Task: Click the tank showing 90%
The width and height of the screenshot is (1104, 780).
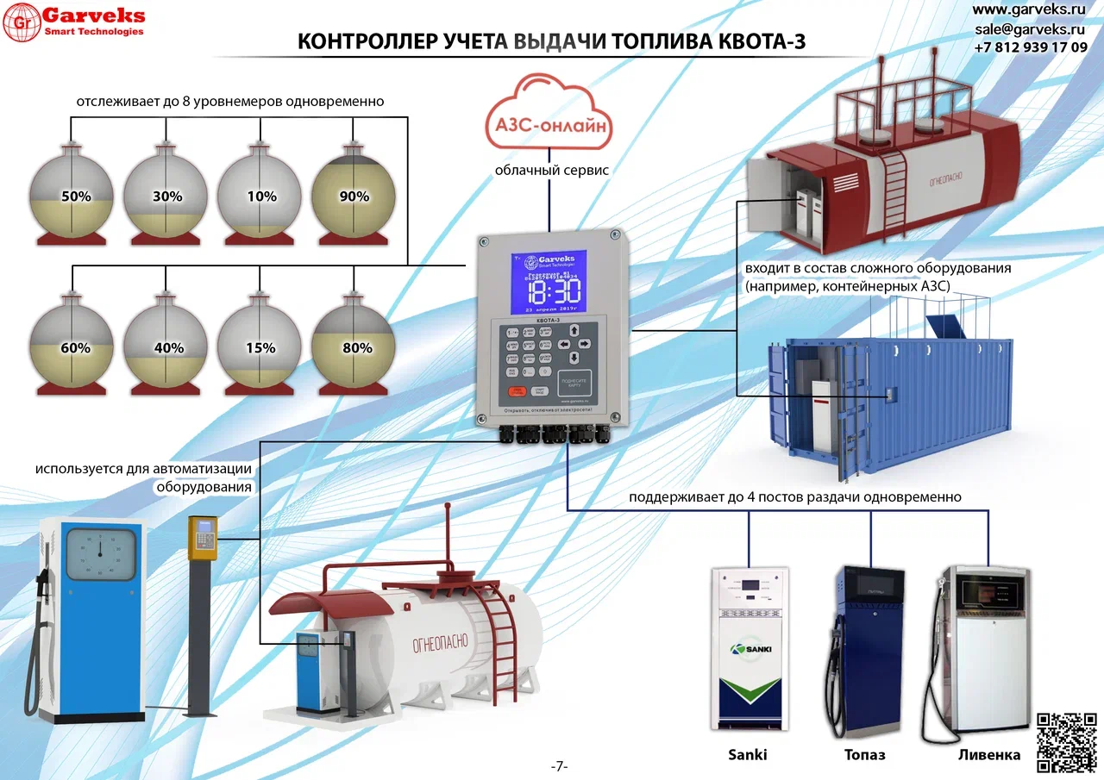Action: point(354,194)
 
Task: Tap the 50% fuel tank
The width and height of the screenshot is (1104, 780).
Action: point(72,195)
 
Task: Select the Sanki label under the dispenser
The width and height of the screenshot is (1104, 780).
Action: point(747,755)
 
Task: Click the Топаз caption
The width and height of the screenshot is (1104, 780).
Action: point(864,755)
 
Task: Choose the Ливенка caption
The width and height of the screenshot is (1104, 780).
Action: point(988,755)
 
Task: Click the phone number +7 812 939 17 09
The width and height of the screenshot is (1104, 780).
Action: point(1030,47)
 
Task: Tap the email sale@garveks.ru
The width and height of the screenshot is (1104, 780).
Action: point(1030,28)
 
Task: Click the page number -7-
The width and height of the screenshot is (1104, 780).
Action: point(560,766)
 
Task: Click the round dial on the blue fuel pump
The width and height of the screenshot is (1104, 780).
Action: point(100,553)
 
